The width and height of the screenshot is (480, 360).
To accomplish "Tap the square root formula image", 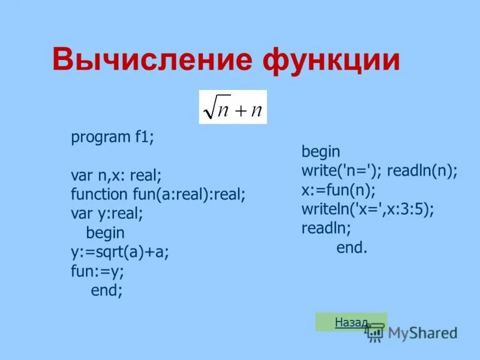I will click(x=233, y=107).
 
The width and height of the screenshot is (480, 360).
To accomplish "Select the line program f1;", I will click(x=112, y=137).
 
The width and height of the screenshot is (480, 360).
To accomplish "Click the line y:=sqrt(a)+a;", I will click(x=120, y=253).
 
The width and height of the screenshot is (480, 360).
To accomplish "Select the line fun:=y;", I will click(x=97, y=271).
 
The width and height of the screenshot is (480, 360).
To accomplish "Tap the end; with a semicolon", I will click(x=107, y=290).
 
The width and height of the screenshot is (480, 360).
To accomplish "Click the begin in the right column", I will click(x=321, y=152).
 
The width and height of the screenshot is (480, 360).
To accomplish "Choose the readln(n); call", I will click(x=422, y=171).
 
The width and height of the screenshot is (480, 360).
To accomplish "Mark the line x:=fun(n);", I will click(x=338, y=190).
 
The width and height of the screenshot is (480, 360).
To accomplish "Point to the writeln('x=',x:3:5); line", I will click(x=368, y=209).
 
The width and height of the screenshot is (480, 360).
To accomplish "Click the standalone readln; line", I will click(x=326, y=228).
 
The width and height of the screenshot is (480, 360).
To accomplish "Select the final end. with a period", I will click(x=352, y=247).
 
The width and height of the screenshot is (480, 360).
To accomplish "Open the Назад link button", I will click(x=352, y=322).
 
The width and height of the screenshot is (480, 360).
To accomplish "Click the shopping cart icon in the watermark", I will click(x=376, y=333).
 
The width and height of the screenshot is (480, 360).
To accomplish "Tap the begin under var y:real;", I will click(x=106, y=233).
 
